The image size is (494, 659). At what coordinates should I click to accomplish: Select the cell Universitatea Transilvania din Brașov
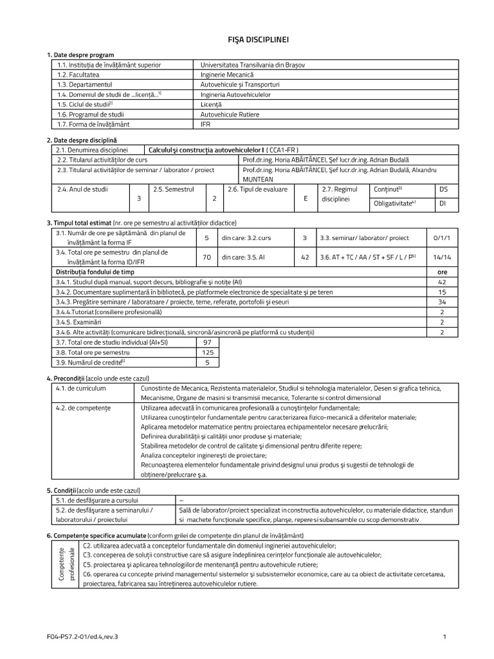[x=253, y=65]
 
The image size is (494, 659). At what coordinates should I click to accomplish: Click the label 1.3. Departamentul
[x=85, y=84]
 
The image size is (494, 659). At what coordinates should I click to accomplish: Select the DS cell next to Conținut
[x=443, y=189]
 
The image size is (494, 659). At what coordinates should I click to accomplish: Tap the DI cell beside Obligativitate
[x=443, y=204]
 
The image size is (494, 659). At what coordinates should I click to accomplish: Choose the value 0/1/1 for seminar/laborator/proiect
[x=443, y=237]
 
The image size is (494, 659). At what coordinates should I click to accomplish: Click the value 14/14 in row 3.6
[x=443, y=257]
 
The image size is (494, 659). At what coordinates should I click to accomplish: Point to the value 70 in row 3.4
[x=206, y=257]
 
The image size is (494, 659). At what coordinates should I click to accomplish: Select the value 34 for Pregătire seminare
[x=442, y=301]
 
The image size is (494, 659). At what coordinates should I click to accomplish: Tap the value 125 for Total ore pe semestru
[x=206, y=353]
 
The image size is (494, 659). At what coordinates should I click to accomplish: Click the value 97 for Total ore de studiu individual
[x=206, y=342]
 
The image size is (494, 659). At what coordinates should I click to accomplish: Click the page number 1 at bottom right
[x=444, y=636]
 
